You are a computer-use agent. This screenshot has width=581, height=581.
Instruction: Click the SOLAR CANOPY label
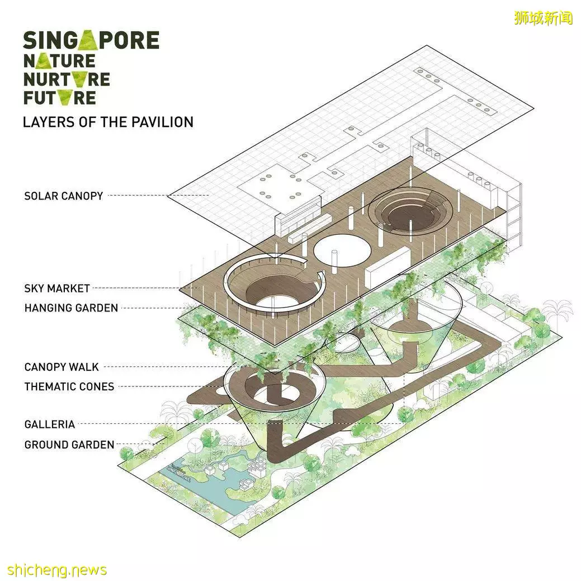click(63, 196)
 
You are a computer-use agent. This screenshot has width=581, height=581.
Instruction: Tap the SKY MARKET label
click(57, 289)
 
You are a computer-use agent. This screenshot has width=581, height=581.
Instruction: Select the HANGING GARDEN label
click(71, 308)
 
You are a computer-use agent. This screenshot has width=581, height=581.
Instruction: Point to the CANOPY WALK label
click(62, 367)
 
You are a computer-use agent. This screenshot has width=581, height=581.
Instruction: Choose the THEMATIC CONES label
click(69, 386)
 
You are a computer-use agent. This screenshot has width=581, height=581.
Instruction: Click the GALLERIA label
click(50, 424)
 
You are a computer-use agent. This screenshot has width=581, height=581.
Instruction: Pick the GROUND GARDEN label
click(69, 444)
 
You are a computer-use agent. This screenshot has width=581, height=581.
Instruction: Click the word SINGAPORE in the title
click(91, 40)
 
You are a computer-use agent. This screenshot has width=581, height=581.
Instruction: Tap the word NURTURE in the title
click(67, 79)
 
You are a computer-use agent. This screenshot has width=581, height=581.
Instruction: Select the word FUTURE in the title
click(60, 98)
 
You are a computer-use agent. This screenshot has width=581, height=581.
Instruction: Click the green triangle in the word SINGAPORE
click(89, 39)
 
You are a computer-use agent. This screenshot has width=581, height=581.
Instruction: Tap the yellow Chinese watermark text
click(544, 18)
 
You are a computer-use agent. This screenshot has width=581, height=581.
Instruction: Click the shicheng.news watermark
click(57, 569)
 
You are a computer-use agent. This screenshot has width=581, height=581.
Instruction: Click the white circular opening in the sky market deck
click(342, 251)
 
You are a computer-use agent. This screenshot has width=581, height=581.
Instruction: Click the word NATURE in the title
click(59, 60)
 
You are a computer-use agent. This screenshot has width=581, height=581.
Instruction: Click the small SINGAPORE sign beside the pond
click(178, 472)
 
